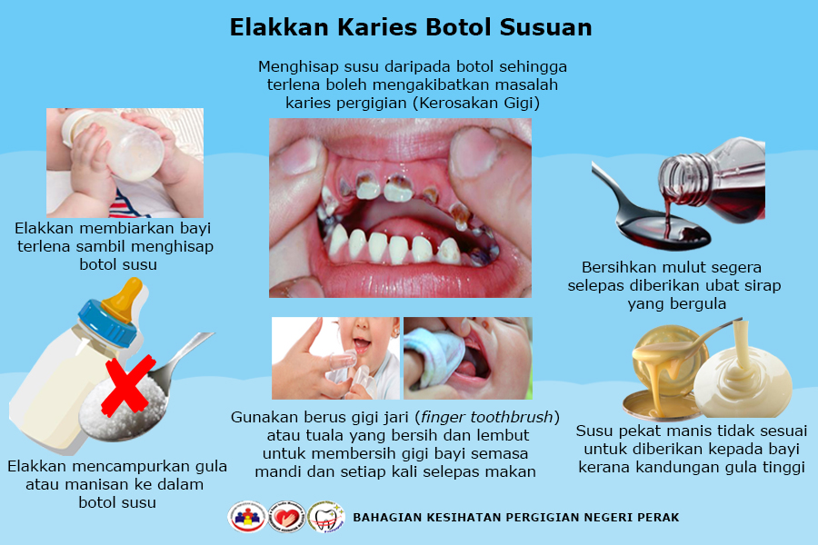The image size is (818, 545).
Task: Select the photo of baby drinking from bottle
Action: coord(125,162)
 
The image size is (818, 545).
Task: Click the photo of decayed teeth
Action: coord(400,207)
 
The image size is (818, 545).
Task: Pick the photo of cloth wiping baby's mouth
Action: coord(467,358)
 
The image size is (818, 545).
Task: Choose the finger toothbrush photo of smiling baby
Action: coord(335,358)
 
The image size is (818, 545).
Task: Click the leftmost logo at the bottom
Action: coord(246,517)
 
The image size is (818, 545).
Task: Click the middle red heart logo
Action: coord(286,517)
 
